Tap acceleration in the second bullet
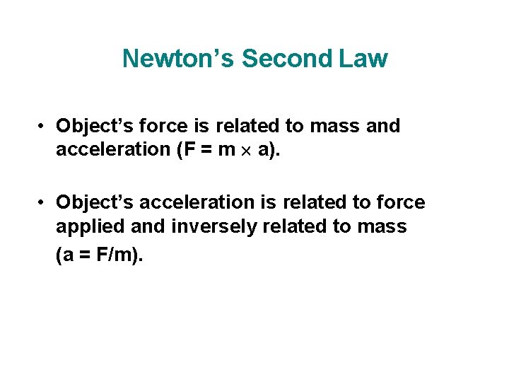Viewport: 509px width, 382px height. [x=186, y=203]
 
